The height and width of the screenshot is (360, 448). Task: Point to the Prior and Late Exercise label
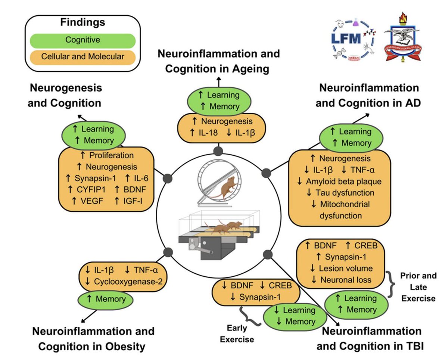click(418, 287)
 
